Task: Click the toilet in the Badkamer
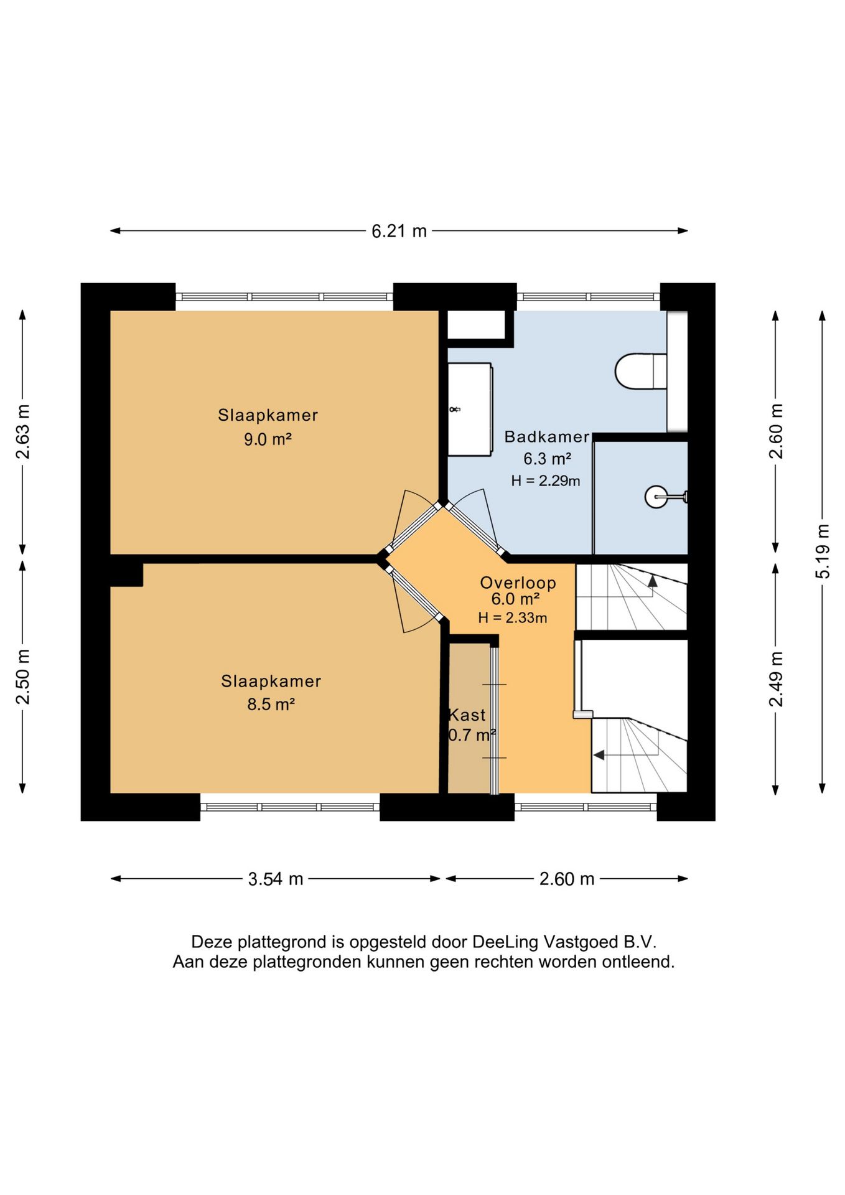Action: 641,372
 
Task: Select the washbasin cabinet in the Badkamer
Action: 470,409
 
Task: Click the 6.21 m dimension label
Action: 399,232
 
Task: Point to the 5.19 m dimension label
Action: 823,551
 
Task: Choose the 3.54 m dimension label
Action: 276,879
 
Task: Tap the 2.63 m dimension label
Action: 22,431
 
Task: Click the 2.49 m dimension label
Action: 776,679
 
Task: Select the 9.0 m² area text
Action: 268,439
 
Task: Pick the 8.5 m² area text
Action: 271,705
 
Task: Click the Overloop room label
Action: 518,583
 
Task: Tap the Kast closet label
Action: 467,715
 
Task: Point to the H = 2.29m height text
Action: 546,480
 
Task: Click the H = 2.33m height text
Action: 513,618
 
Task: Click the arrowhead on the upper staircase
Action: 652,581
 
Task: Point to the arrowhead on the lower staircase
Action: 599,755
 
